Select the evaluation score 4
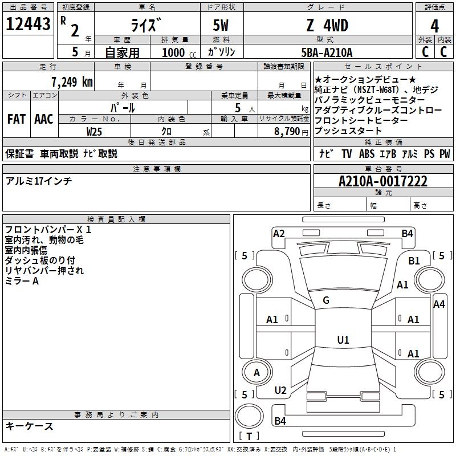(434, 26)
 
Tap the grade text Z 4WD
(326, 26)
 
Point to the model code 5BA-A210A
(327, 52)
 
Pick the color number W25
(95, 131)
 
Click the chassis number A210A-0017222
(382, 181)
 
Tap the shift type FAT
(16, 119)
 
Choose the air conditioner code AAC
(43, 119)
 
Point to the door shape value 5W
(222, 26)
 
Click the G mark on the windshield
(326, 300)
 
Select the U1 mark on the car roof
(343, 340)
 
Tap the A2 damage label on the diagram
(279, 233)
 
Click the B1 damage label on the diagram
(414, 260)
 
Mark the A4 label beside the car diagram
(439, 304)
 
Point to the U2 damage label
(280, 390)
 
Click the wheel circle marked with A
(256, 373)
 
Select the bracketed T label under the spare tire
(249, 437)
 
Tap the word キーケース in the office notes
(30, 426)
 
